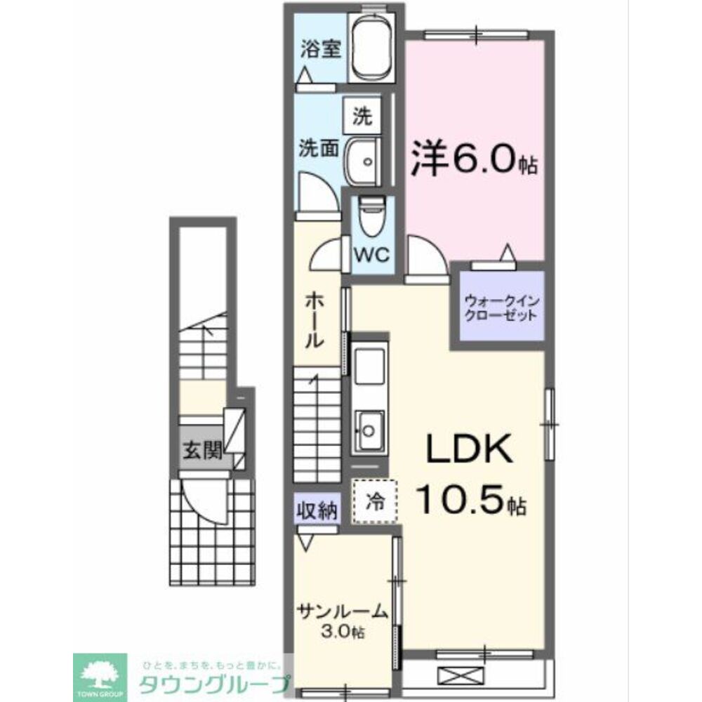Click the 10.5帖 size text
point(472,499)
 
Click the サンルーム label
point(341,611)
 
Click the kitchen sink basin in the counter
point(369,429)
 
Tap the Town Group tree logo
point(101,675)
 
